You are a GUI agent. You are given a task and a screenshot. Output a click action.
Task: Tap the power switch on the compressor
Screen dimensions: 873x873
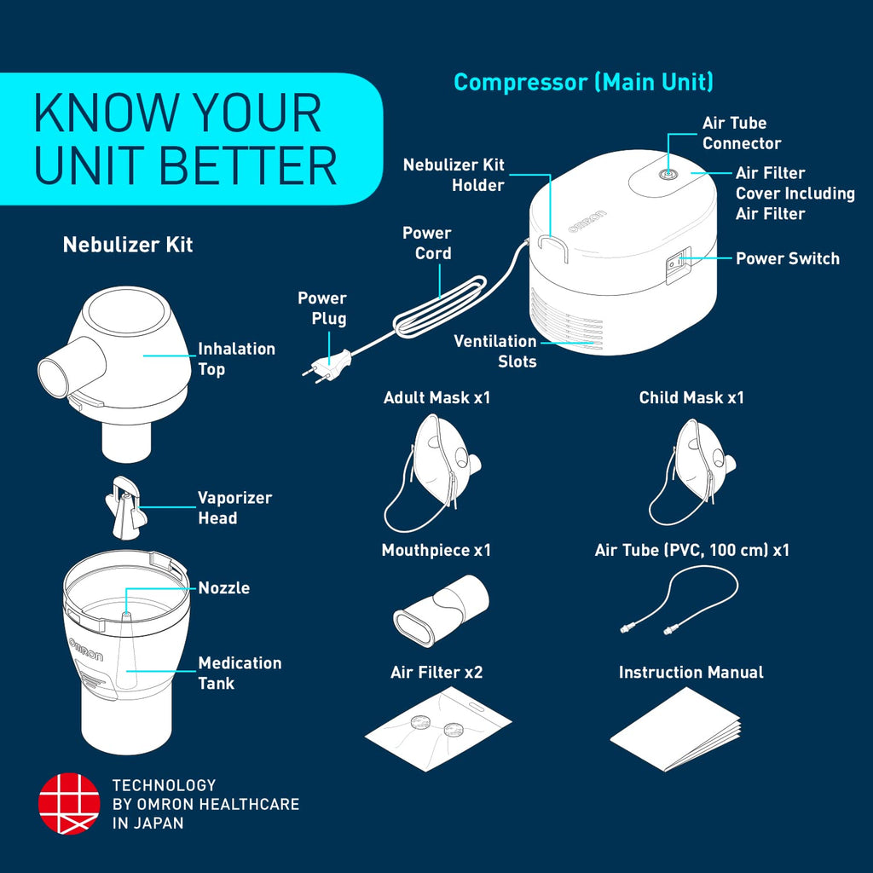tap(677, 266)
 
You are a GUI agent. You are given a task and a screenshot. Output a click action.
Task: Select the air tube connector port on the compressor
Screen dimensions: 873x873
tap(668, 174)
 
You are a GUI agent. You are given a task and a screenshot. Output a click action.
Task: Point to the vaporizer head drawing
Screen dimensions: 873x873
tap(124, 507)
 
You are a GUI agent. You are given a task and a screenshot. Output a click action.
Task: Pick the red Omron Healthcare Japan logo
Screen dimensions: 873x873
tap(69, 804)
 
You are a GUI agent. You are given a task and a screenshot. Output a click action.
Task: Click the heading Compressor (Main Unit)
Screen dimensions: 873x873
tap(583, 83)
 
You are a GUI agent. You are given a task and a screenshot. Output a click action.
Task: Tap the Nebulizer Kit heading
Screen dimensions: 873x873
tap(128, 245)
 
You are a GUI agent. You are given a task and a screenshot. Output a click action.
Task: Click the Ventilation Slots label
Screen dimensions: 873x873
tap(495, 351)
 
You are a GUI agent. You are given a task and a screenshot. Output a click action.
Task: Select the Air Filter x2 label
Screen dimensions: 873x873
tap(436, 673)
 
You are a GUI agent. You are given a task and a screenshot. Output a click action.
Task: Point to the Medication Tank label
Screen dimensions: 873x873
tap(240, 673)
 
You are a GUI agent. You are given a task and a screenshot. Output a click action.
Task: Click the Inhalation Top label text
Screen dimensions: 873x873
tap(236, 359)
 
